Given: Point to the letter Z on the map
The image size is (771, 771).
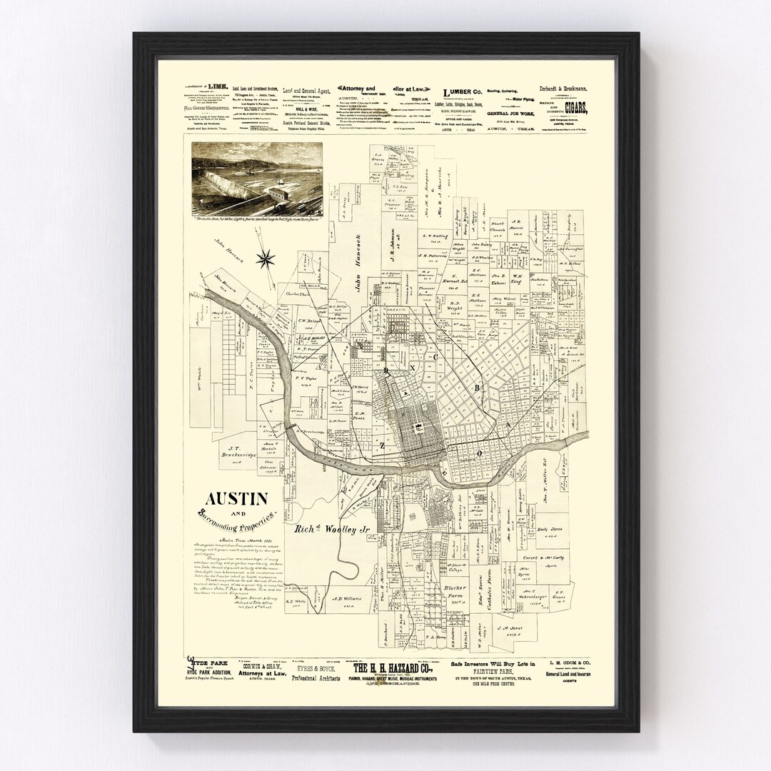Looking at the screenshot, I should [383, 445].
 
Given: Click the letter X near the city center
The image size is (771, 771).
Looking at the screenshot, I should [413, 367].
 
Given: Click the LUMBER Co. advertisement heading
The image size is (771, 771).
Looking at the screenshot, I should [464, 93].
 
